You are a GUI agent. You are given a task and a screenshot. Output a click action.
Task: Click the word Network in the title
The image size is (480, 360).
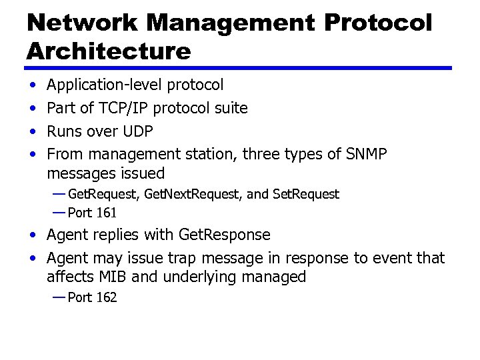(83, 23)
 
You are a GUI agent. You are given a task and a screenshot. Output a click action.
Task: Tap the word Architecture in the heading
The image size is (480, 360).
(109, 51)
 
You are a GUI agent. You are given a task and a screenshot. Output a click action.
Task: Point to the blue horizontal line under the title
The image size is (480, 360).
(239, 68)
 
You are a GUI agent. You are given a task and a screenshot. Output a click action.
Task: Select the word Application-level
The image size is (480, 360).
(105, 85)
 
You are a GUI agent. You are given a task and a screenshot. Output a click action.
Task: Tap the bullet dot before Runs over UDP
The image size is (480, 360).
(33, 131)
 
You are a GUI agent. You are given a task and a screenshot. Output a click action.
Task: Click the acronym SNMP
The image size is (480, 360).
(366, 154)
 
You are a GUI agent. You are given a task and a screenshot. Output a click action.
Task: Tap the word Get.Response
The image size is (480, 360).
(225, 235)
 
